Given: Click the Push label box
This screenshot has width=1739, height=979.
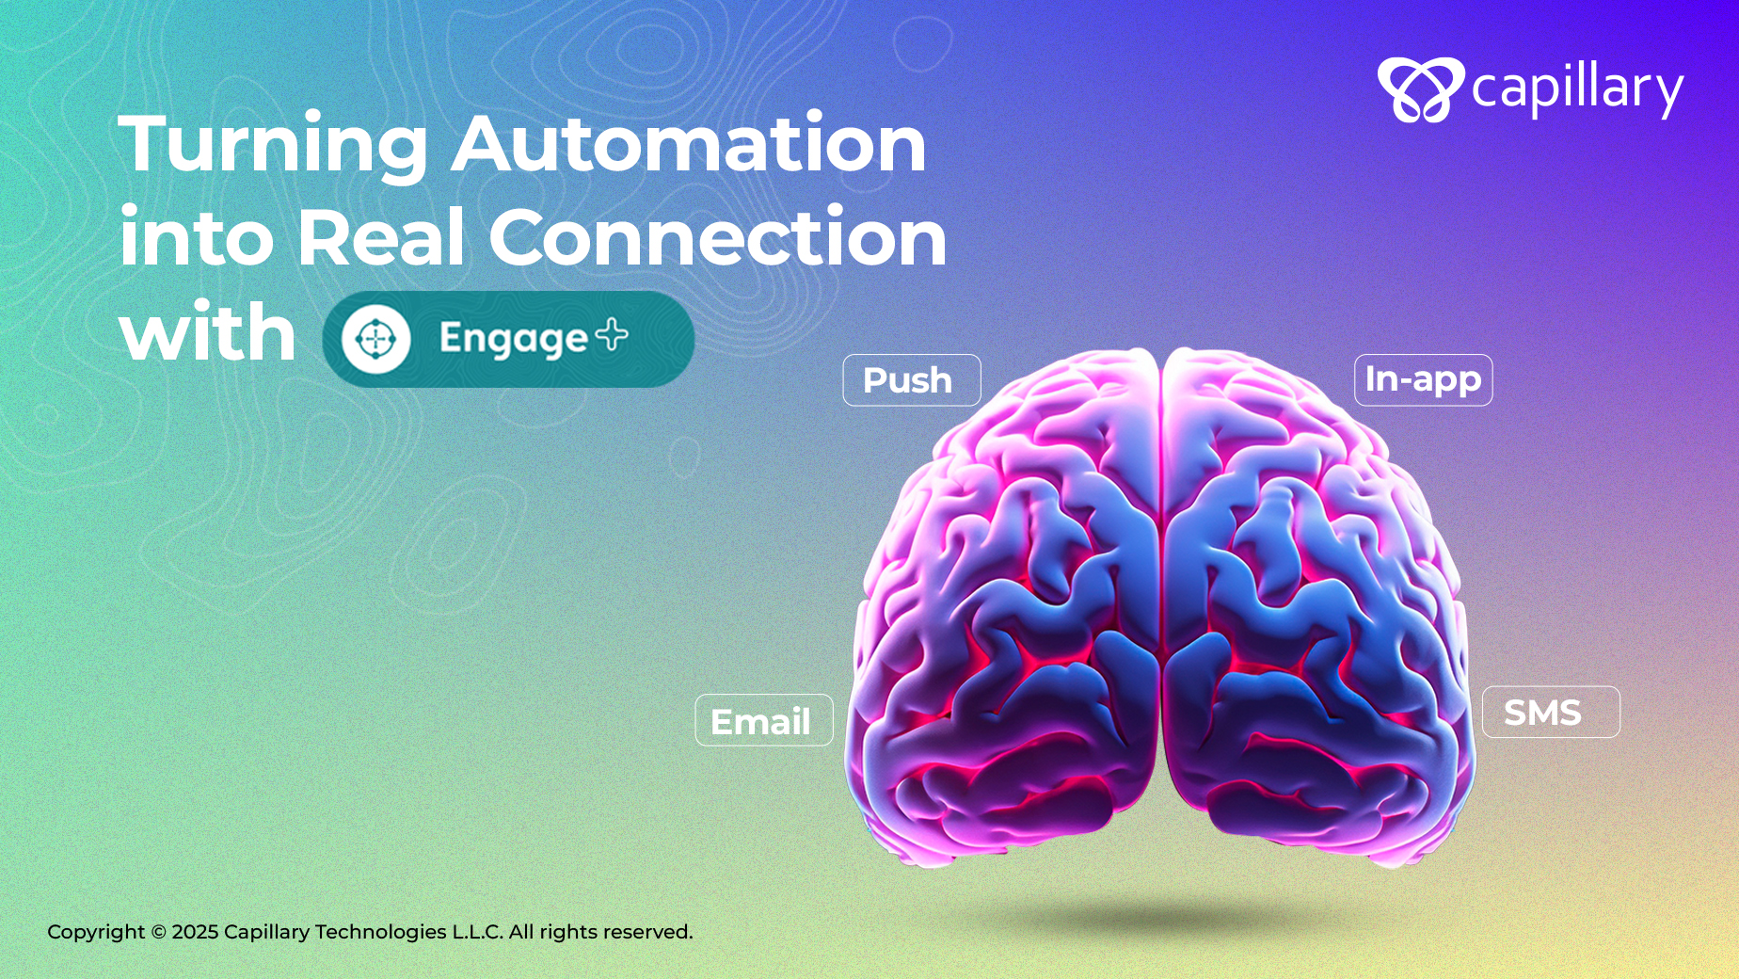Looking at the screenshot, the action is [x=912, y=380].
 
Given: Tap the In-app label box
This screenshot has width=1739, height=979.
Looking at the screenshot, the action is [x=1424, y=380].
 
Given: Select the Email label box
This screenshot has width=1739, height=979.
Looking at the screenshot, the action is [x=764, y=720].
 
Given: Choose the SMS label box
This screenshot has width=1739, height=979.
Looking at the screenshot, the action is [x=1551, y=713].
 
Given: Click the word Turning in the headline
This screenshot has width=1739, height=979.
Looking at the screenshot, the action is [x=274, y=145].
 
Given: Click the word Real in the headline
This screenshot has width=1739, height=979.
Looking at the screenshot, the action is [x=380, y=236].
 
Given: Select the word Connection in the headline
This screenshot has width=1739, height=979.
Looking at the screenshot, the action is [x=717, y=236].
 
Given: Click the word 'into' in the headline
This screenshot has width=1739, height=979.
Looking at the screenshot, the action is [x=197, y=236].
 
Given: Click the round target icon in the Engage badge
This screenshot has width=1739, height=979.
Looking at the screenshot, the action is [x=375, y=339].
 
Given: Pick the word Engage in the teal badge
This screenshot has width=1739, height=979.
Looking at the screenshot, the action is [x=514, y=340].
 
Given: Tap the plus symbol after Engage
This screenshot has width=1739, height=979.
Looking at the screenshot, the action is [x=612, y=334].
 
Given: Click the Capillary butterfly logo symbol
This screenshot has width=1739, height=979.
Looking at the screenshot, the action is [x=1420, y=89].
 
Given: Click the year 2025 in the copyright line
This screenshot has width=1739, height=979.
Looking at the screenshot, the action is [x=195, y=932].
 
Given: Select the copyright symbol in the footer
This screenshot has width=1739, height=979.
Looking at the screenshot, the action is [x=158, y=932].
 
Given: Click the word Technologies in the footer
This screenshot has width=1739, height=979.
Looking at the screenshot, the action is [x=381, y=932].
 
